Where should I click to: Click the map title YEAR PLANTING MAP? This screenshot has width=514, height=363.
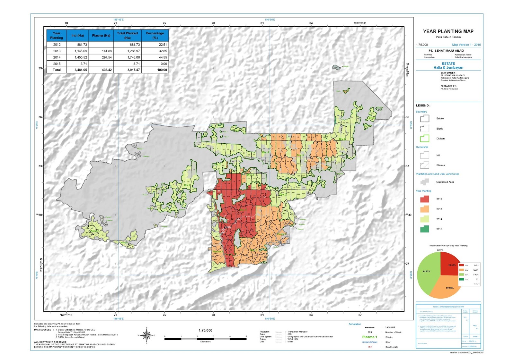(448, 31)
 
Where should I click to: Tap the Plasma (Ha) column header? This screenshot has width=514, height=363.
(101, 36)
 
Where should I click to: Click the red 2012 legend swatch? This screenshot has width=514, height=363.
(424, 199)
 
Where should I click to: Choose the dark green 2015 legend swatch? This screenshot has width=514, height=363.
(424, 229)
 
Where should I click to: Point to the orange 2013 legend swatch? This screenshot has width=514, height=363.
(424, 209)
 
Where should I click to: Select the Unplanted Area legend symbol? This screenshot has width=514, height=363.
(424, 182)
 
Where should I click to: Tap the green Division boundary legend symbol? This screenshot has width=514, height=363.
(424, 139)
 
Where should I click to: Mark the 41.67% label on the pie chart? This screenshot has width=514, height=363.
(426, 272)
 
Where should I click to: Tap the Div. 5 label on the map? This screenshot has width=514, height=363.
(300, 155)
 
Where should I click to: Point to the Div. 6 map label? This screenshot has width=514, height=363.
(342, 139)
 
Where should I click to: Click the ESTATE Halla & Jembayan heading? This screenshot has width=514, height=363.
(448, 66)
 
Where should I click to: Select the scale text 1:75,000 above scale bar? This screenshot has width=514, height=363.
(205, 330)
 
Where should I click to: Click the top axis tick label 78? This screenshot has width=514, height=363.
(213, 23)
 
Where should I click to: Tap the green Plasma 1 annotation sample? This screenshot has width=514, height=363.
(369, 337)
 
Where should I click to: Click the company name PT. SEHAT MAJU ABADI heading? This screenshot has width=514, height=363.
(446, 51)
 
